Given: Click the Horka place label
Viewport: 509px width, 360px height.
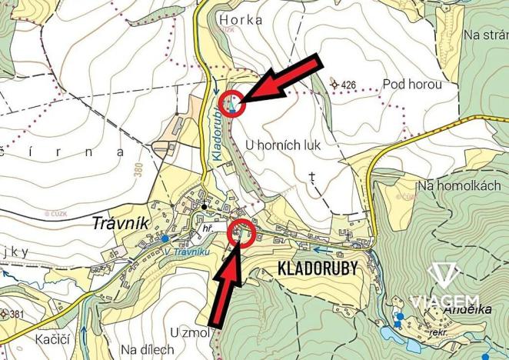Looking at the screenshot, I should [241, 20].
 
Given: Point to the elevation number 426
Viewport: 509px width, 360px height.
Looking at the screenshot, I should [347, 84].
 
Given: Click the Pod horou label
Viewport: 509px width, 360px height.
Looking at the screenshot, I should [412, 84].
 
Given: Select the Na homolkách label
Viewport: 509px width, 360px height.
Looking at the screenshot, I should [458, 185].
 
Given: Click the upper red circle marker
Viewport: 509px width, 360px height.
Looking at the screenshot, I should [233, 103].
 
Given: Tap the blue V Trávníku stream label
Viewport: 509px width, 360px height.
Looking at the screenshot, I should [186, 251].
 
